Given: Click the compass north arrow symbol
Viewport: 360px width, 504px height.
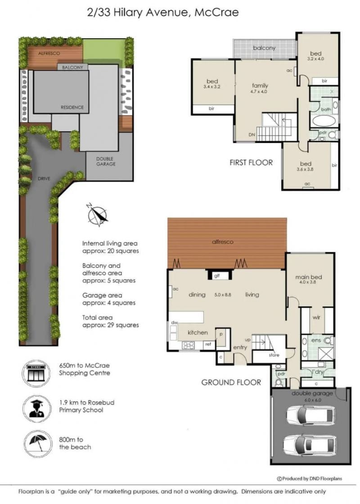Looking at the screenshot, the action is click(x=98, y=215).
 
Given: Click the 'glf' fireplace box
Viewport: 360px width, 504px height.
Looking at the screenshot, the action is click(x=219, y=276).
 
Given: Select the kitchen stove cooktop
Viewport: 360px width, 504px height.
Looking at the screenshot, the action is click(x=188, y=345).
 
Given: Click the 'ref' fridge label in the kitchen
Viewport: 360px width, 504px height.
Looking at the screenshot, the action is click(x=208, y=344).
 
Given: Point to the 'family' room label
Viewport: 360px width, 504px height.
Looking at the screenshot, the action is click(x=260, y=85).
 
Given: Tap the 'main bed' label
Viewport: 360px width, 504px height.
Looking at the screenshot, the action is click(x=309, y=277).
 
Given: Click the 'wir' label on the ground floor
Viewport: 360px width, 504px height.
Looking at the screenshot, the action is click(x=316, y=317).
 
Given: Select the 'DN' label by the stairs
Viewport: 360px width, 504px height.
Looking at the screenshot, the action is click(x=252, y=135).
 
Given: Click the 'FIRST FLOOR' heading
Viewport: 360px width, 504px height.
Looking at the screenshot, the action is click(x=251, y=163).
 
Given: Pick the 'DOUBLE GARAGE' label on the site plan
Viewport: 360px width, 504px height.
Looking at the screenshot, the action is click(x=105, y=161).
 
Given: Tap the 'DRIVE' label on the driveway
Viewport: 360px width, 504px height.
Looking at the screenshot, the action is click(x=44, y=178).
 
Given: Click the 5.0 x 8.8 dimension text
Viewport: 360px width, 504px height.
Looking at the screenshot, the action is click(x=223, y=294).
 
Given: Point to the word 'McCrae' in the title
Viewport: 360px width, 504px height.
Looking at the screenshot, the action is click(x=216, y=13).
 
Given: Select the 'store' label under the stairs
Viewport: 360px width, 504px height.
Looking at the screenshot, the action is click(x=274, y=355).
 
